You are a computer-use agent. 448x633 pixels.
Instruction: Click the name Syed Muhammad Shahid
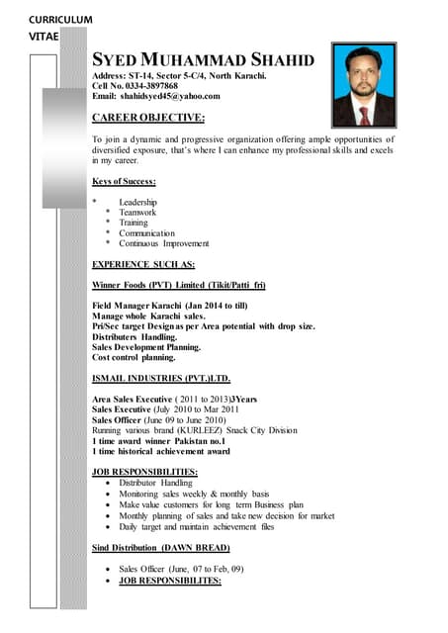pos(203,60)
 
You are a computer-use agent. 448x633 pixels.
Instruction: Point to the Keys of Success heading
pos(124,181)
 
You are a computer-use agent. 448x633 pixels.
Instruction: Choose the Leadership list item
pos(138,203)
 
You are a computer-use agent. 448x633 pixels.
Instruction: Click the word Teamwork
pos(137,213)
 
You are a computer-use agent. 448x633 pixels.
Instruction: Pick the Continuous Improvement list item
pos(164,243)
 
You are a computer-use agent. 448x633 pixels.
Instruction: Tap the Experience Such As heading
pos(143,264)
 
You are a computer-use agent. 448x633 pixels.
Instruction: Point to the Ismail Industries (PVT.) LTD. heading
pos(160,379)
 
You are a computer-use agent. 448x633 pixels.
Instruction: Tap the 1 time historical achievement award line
pos(160,451)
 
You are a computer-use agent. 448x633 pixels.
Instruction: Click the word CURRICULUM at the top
pos(60,20)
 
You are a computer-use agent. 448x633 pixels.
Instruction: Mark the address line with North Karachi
pos(179,75)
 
